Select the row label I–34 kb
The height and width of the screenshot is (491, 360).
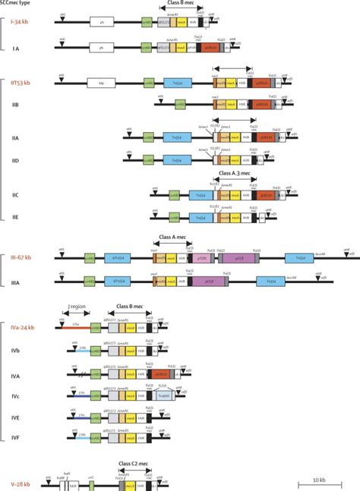(x=22, y=24)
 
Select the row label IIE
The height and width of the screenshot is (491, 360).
(x=15, y=216)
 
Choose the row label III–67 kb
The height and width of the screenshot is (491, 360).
(x=21, y=257)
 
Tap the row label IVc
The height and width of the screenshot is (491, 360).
(x=16, y=395)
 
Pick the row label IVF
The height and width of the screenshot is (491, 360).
(x=16, y=438)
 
